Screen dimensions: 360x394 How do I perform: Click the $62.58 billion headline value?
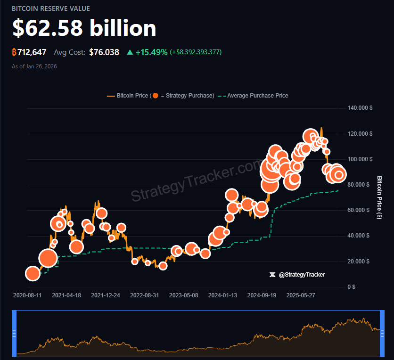pyautogui.click(x=84, y=28)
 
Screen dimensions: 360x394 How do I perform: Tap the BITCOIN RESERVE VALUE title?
pyautogui.click(x=51, y=8)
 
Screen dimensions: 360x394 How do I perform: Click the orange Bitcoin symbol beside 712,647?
pyautogui.click(x=14, y=52)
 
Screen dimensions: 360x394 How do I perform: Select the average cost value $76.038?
pyautogui.click(x=104, y=52)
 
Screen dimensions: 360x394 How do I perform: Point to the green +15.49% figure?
pyautogui.click(x=151, y=52)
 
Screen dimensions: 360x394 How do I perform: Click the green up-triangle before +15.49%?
pyautogui.click(x=130, y=52)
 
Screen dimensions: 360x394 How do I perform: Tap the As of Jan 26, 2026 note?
pyautogui.click(x=34, y=66)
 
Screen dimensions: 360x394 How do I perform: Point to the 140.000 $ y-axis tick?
pyautogui.click(x=360, y=108)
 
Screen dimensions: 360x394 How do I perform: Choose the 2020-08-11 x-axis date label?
pyautogui.click(x=27, y=295)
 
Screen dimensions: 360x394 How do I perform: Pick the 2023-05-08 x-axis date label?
pyautogui.click(x=183, y=295)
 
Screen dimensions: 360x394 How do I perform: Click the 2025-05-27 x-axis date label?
pyautogui.click(x=301, y=295)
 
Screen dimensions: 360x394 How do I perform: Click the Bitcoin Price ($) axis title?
pyautogui.click(x=379, y=197)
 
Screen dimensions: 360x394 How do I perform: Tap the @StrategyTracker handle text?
pyautogui.click(x=302, y=274)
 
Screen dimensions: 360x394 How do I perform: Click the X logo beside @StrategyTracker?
pyautogui.click(x=272, y=274)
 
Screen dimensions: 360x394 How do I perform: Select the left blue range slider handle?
pyautogui.click(x=14, y=333)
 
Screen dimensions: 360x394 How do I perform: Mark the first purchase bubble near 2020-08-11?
pyautogui.click(x=33, y=273)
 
